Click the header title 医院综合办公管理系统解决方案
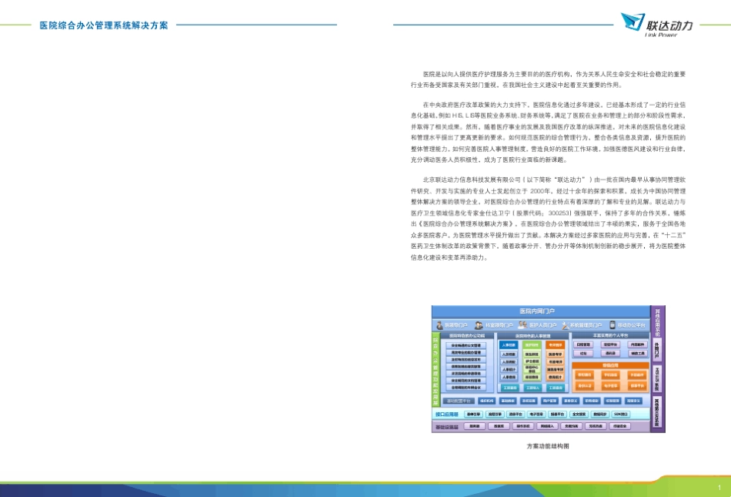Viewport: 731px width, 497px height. (x=104, y=25)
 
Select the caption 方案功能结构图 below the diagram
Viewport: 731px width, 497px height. (x=548, y=445)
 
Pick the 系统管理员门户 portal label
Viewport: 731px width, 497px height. (x=586, y=325)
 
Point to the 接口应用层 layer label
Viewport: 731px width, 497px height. (x=447, y=414)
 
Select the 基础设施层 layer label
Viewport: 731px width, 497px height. (x=447, y=426)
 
